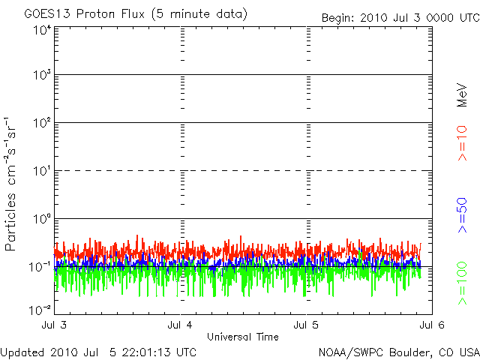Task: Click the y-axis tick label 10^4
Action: [x=42, y=29]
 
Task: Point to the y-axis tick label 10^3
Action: [x=42, y=75]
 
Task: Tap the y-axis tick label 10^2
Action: [x=42, y=123]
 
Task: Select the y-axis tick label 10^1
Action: [x=42, y=171]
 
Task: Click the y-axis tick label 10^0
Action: [x=42, y=219]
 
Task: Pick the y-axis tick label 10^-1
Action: [x=40, y=267]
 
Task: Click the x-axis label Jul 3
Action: [x=56, y=325]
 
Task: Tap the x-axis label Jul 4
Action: [x=181, y=325]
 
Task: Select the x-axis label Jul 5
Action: [x=307, y=325]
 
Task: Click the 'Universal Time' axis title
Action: [x=243, y=336]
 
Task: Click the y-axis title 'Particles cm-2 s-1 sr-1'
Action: [x=11, y=183]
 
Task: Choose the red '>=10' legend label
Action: [x=463, y=143]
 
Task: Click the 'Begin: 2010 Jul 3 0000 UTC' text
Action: [x=399, y=17]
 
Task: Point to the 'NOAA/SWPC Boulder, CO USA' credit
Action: [x=397, y=351]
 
